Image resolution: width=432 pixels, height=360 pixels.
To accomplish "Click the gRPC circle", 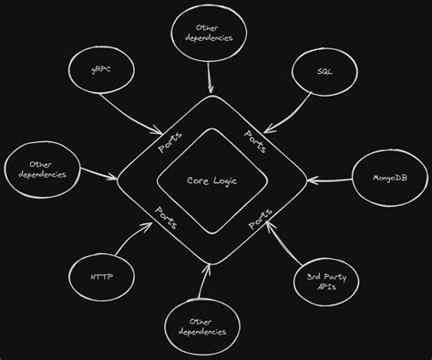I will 98,69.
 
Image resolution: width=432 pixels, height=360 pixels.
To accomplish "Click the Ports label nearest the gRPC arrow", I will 170,142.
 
